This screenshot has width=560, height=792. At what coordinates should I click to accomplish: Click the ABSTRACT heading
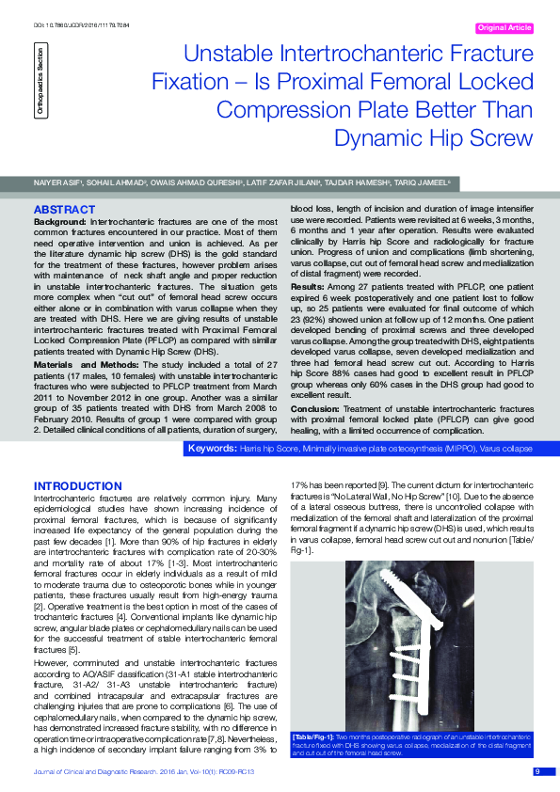[x=64, y=208]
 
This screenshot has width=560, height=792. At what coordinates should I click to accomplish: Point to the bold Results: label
[x=309, y=285]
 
